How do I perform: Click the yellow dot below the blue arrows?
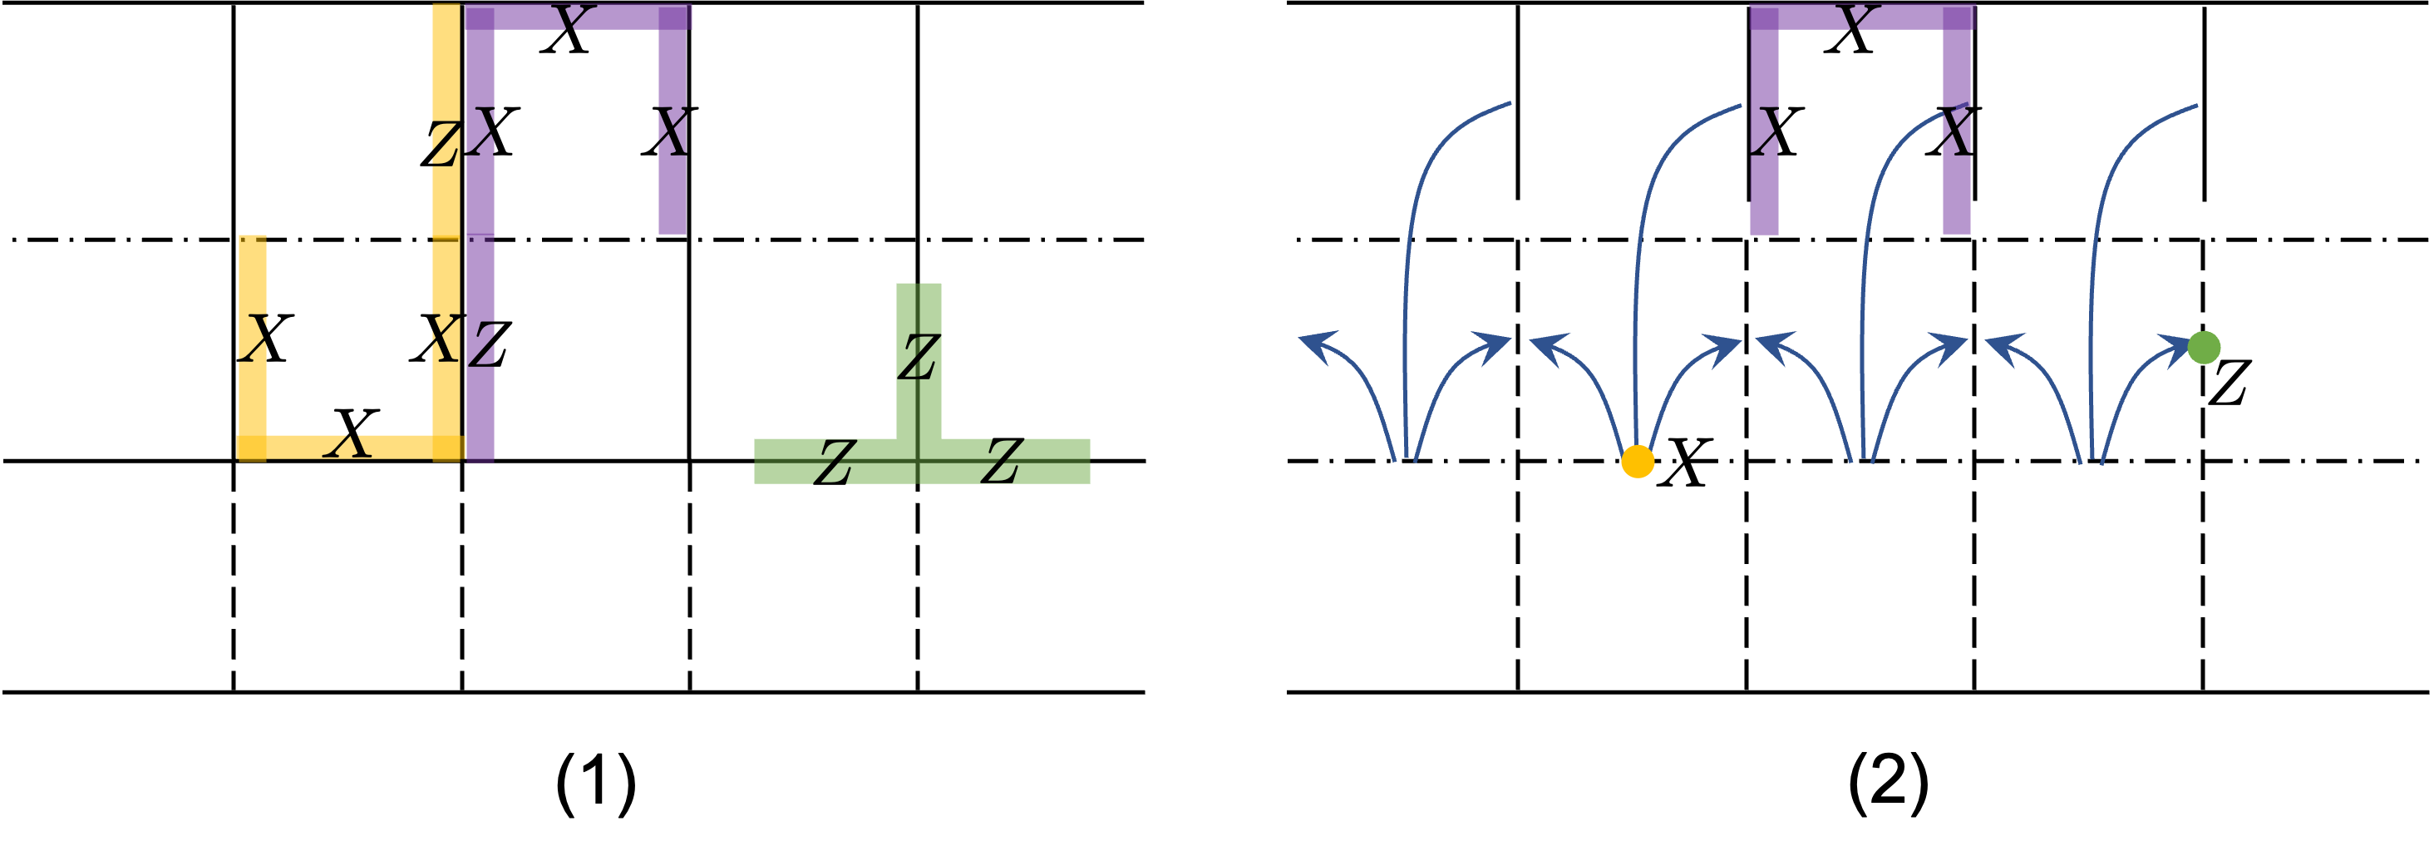tap(1638, 461)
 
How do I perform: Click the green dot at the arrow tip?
tap(2204, 348)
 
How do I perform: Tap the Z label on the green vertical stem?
tap(918, 359)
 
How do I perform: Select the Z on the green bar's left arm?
tap(835, 463)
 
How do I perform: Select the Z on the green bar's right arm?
tap(1002, 463)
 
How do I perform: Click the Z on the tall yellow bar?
tap(444, 145)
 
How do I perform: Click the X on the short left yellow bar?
tap(254, 338)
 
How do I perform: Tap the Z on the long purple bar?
tap(481, 344)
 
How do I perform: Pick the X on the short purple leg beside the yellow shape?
tap(673, 132)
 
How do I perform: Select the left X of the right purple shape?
tap(1765, 132)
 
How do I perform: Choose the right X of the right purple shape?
tap(1956, 132)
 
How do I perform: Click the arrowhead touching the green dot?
tap(2171, 346)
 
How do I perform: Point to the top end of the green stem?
tap(919, 285)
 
